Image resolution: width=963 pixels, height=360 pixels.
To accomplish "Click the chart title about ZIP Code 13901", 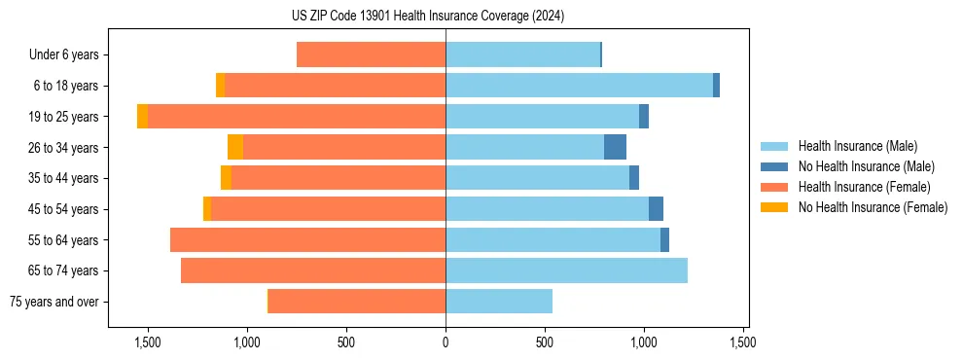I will (427, 16).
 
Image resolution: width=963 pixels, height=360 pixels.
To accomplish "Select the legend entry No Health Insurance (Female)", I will (873, 207).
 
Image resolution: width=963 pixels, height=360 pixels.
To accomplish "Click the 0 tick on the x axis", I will (446, 342).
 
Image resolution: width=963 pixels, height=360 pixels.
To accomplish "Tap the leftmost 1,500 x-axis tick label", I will (148, 342).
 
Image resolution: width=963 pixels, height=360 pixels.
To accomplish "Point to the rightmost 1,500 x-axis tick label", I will (743, 342).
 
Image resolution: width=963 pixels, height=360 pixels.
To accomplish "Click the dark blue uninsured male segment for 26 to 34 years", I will (615, 148).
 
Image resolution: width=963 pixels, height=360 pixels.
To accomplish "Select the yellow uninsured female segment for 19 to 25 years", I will (143, 117).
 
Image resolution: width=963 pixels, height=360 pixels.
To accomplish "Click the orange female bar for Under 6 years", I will (371, 55).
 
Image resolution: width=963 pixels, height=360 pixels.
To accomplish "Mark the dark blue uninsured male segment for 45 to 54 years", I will (656, 209).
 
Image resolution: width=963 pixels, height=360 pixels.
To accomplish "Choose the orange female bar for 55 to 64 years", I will (307, 240).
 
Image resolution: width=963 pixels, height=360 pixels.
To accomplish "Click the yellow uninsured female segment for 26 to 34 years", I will (235, 148).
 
